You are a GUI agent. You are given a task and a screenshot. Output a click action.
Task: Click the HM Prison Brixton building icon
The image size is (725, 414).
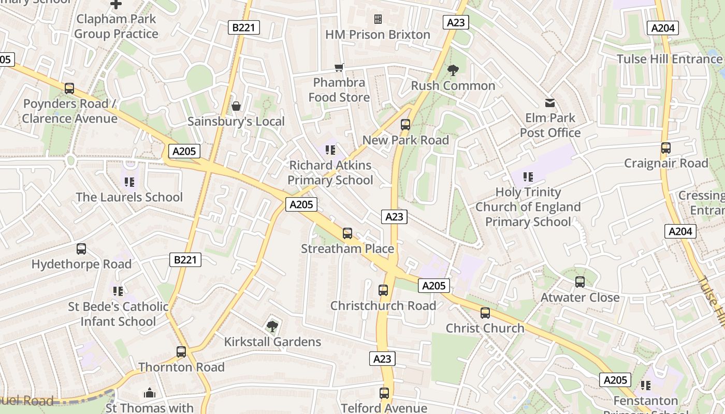[378, 19]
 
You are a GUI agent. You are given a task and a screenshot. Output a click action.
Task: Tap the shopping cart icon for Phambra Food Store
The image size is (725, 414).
[339, 67]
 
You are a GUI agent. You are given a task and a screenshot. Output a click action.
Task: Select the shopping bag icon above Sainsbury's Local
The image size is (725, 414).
[236, 106]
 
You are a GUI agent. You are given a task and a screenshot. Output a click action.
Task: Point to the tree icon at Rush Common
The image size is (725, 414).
[453, 70]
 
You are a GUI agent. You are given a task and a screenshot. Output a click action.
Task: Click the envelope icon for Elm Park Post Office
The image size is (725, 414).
[550, 103]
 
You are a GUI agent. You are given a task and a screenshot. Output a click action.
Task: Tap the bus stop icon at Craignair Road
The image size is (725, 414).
[666, 148]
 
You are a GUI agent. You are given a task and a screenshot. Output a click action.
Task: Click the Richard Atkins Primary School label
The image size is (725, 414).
[330, 173]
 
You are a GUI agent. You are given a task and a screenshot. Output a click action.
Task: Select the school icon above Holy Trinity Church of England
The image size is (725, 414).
[528, 177]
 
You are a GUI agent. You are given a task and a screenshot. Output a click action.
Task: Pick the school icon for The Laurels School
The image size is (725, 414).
[129, 182]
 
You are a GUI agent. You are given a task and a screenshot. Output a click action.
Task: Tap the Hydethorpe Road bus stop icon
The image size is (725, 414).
[81, 249]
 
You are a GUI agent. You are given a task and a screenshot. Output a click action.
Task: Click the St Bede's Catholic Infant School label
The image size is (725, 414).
[119, 314]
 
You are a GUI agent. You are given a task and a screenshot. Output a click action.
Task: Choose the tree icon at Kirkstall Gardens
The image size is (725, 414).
[272, 326]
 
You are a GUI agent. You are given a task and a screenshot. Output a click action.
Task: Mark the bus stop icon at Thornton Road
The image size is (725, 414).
[181, 352]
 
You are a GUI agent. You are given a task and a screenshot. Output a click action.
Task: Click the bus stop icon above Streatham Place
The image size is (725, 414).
[347, 233]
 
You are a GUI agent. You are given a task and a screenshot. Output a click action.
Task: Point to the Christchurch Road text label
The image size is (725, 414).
[383, 306]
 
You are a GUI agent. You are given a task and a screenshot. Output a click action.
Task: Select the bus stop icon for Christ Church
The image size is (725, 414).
[485, 313]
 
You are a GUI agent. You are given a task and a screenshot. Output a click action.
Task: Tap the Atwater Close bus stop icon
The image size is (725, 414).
[580, 282]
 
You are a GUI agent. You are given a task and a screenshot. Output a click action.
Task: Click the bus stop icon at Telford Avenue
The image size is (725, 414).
[384, 393]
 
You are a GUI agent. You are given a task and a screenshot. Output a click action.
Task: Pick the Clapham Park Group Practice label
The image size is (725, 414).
[116, 26]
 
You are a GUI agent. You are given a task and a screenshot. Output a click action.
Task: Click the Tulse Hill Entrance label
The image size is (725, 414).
[669, 59]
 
